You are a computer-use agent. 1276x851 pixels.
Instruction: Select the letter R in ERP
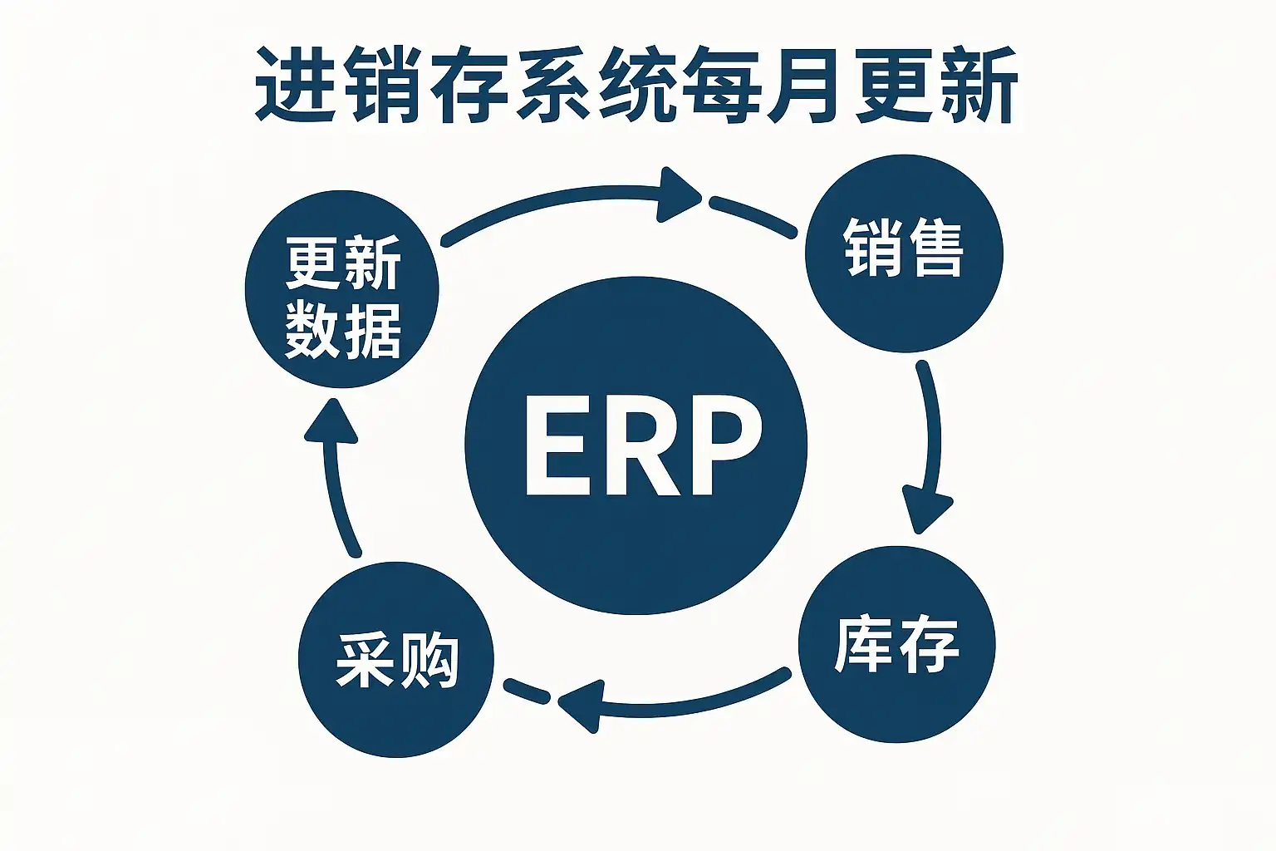[640, 445]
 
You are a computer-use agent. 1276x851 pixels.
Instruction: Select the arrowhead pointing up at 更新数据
[330, 420]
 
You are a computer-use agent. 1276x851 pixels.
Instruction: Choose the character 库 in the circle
[864, 644]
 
